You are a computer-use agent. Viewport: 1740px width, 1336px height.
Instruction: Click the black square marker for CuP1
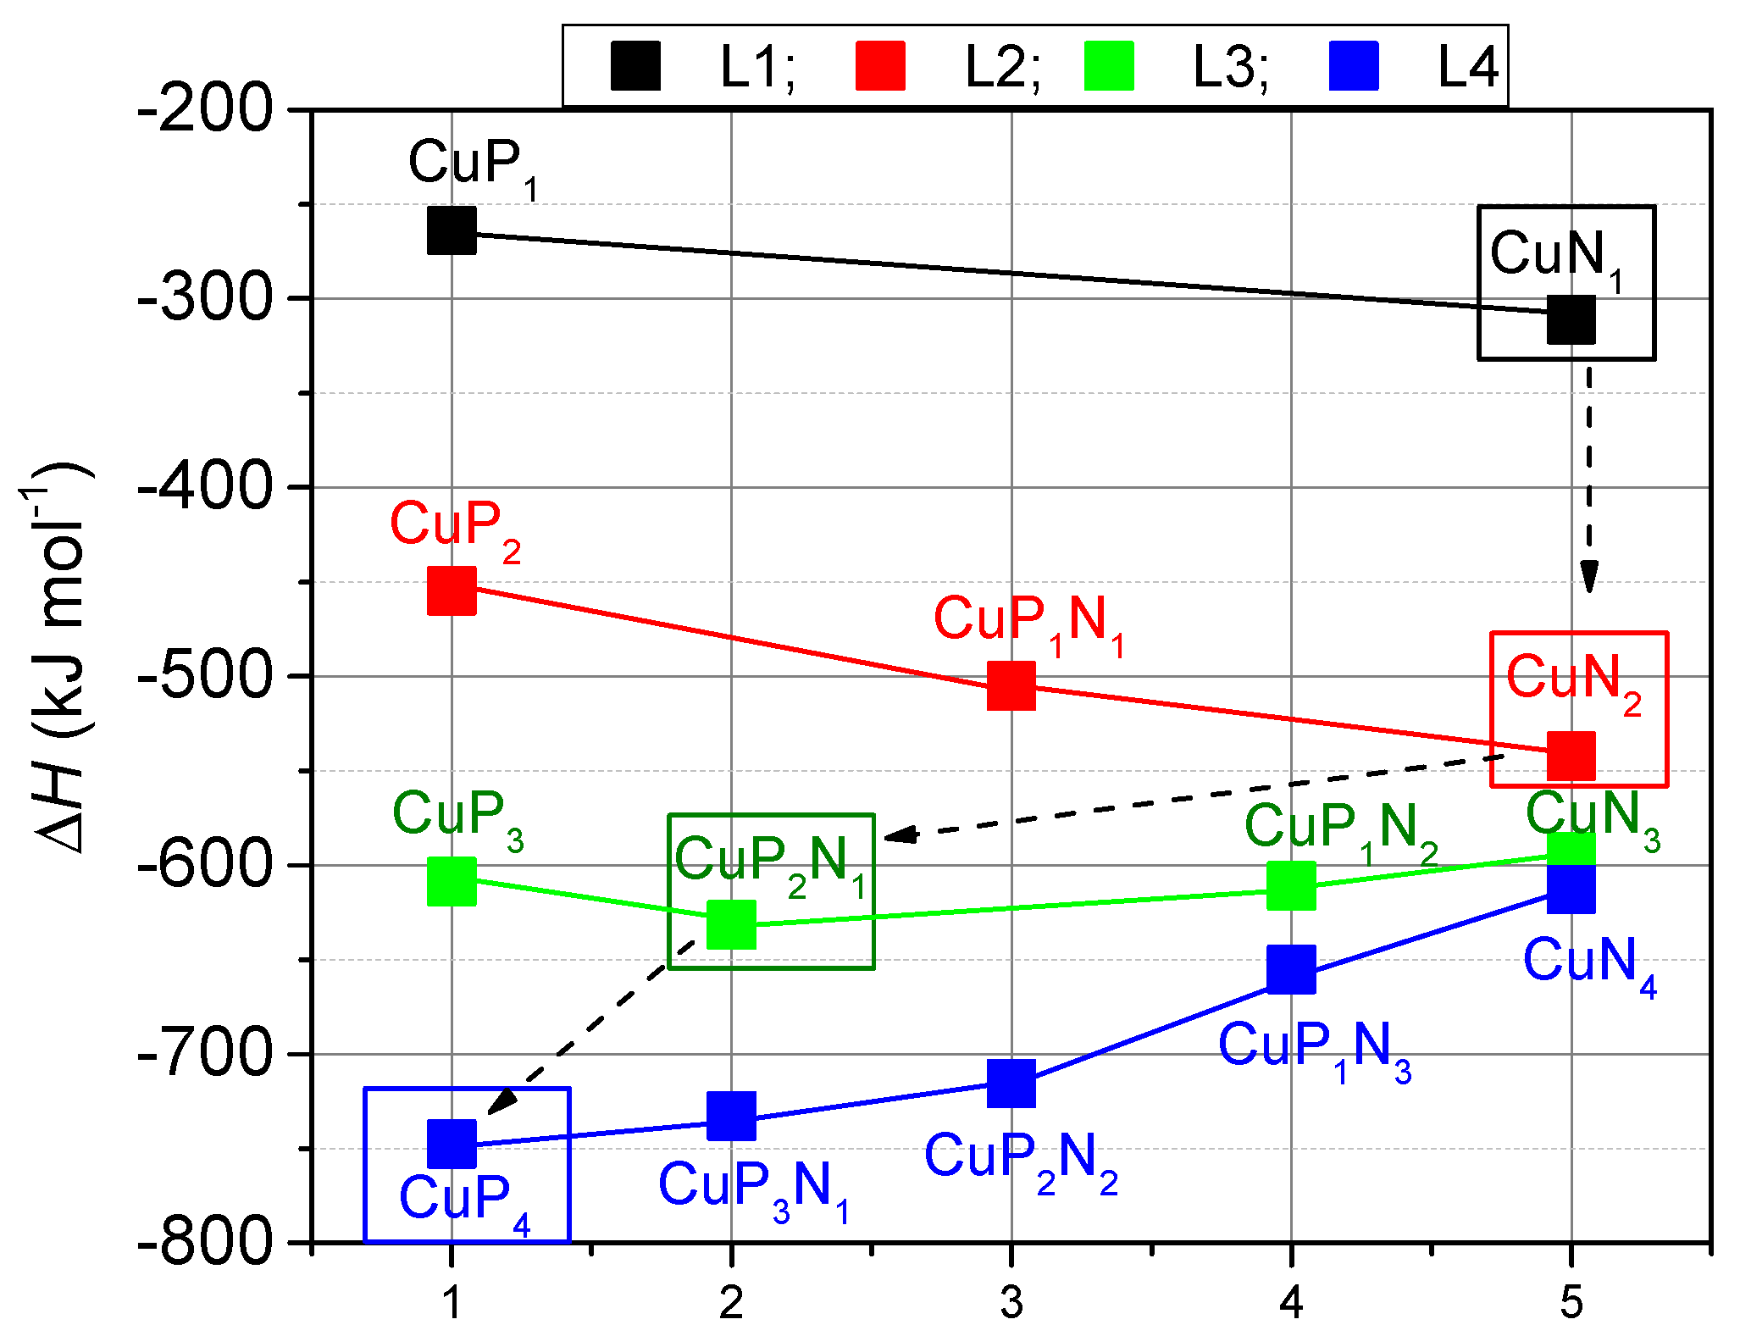click(x=452, y=230)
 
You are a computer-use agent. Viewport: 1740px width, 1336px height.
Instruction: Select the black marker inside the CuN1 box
click(x=1571, y=319)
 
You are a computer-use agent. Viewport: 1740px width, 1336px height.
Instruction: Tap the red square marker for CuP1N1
click(x=1011, y=685)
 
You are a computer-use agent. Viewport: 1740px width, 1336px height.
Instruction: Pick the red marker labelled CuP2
click(x=452, y=590)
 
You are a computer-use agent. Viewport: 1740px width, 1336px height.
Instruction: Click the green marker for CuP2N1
click(x=731, y=924)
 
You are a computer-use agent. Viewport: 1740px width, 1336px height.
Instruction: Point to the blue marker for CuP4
click(x=452, y=1143)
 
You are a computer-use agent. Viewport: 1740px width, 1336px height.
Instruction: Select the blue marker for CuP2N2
click(x=1011, y=1083)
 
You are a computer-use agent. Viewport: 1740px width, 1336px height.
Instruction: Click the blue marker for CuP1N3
click(x=1291, y=970)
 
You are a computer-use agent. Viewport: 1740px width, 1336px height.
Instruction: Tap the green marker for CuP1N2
click(x=1291, y=885)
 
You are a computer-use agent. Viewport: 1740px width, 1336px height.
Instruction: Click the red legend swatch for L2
click(x=880, y=66)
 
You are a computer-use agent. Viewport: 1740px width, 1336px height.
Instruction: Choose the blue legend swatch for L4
click(x=1353, y=66)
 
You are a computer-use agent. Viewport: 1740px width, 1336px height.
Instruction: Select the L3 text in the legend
click(x=1230, y=66)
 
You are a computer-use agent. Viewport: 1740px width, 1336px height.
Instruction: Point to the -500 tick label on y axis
click(x=206, y=676)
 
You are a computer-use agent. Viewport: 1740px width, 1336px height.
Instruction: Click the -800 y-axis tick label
click(x=206, y=1242)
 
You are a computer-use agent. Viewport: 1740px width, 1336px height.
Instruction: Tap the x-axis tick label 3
click(x=1011, y=1302)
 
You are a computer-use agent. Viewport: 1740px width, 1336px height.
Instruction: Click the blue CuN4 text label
click(x=1589, y=964)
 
